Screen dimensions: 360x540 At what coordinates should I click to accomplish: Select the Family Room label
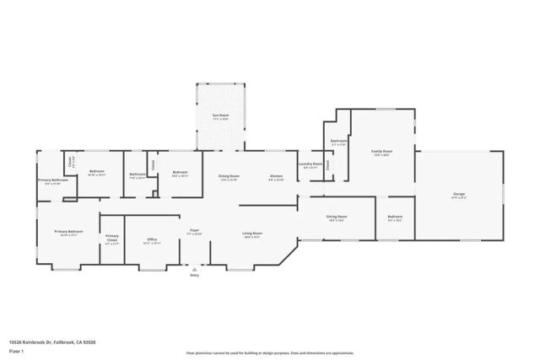(382, 153)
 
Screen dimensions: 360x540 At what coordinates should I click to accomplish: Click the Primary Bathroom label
(52, 180)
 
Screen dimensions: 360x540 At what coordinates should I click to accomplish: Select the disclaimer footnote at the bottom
(269, 353)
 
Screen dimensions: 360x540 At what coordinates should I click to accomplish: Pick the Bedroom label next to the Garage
(395, 217)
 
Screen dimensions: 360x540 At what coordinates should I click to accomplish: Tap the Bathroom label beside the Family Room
(337, 142)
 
